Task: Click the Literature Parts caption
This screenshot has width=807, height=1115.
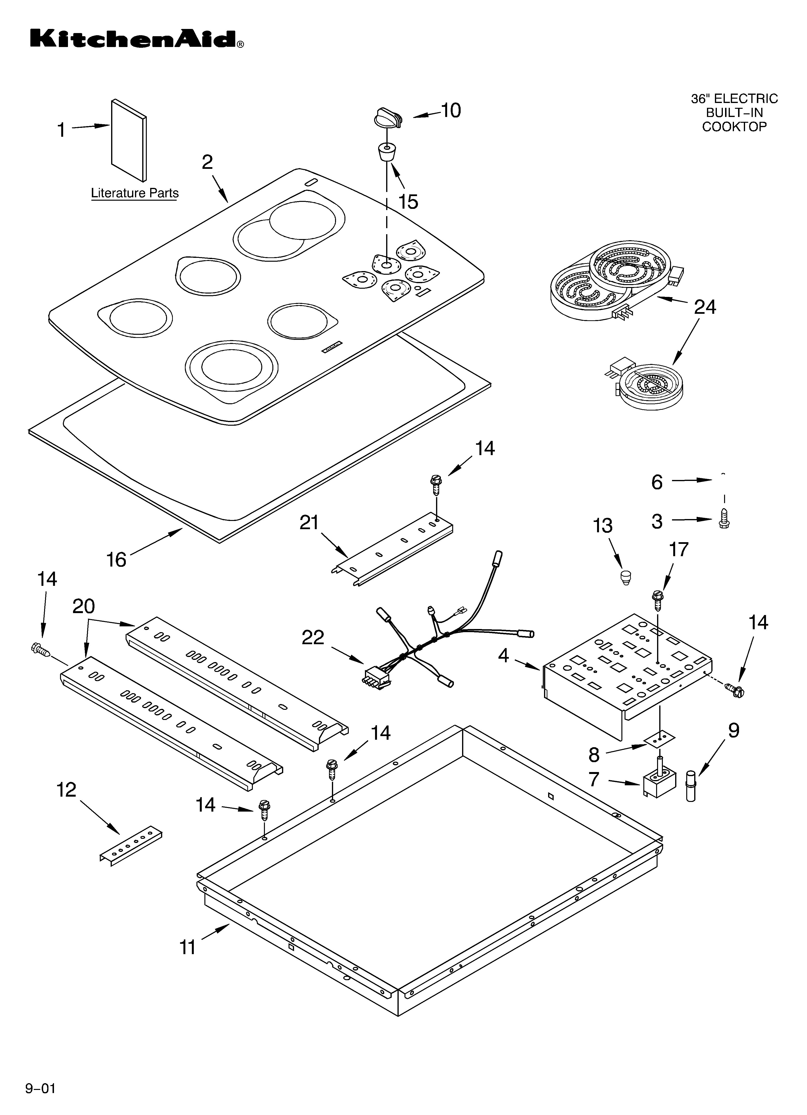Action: coord(135,193)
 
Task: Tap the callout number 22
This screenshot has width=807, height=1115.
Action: coord(313,638)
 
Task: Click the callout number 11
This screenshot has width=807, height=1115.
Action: coord(188,947)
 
